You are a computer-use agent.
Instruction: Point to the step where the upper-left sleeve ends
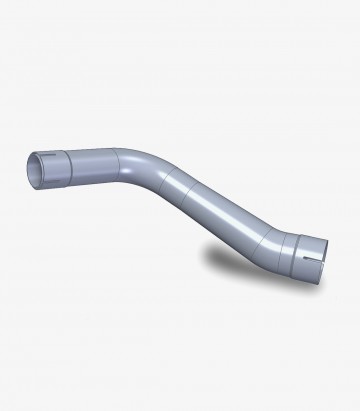tap(67, 162)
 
